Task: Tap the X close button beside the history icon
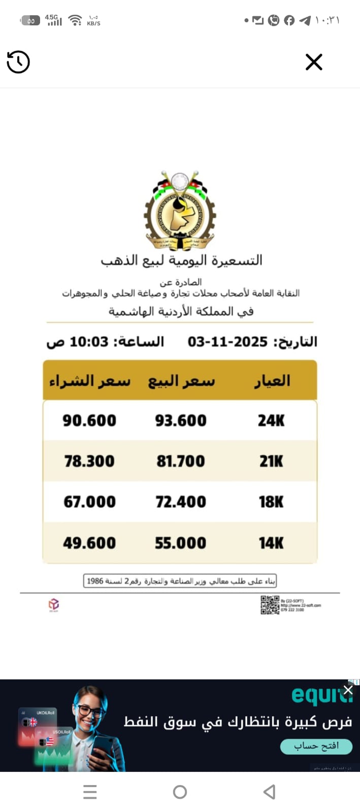click(x=314, y=62)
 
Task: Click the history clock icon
click(x=18, y=62)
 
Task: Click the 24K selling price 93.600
click(x=181, y=420)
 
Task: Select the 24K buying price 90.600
click(x=89, y=420)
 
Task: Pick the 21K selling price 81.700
click(x=181, y=461)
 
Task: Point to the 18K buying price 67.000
click(x=89, y=502)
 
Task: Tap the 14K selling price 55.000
click(x=181, y=543)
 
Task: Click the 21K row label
click(x=271, y=461)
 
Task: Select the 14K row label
click(x=271, y=543)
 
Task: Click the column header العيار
click(x=272, y=381)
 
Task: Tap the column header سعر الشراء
click(x=90, y=381)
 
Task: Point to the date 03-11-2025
click(x=227, y=342)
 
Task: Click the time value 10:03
click(x=89, y=342)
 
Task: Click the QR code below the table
click(x=270, y=604)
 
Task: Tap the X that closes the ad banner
click(x=348, y=690)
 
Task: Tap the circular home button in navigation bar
click(x=180, y=792)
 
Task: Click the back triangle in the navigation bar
click(x=270, y=792)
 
